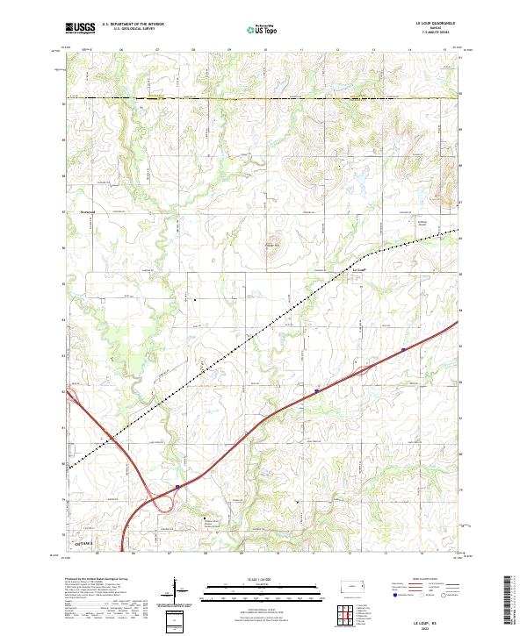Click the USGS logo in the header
point(80,28)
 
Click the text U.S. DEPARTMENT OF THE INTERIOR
point(133,25)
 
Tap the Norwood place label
point(87,212)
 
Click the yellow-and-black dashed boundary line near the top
point(263,98)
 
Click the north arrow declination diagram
point(176,590)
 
